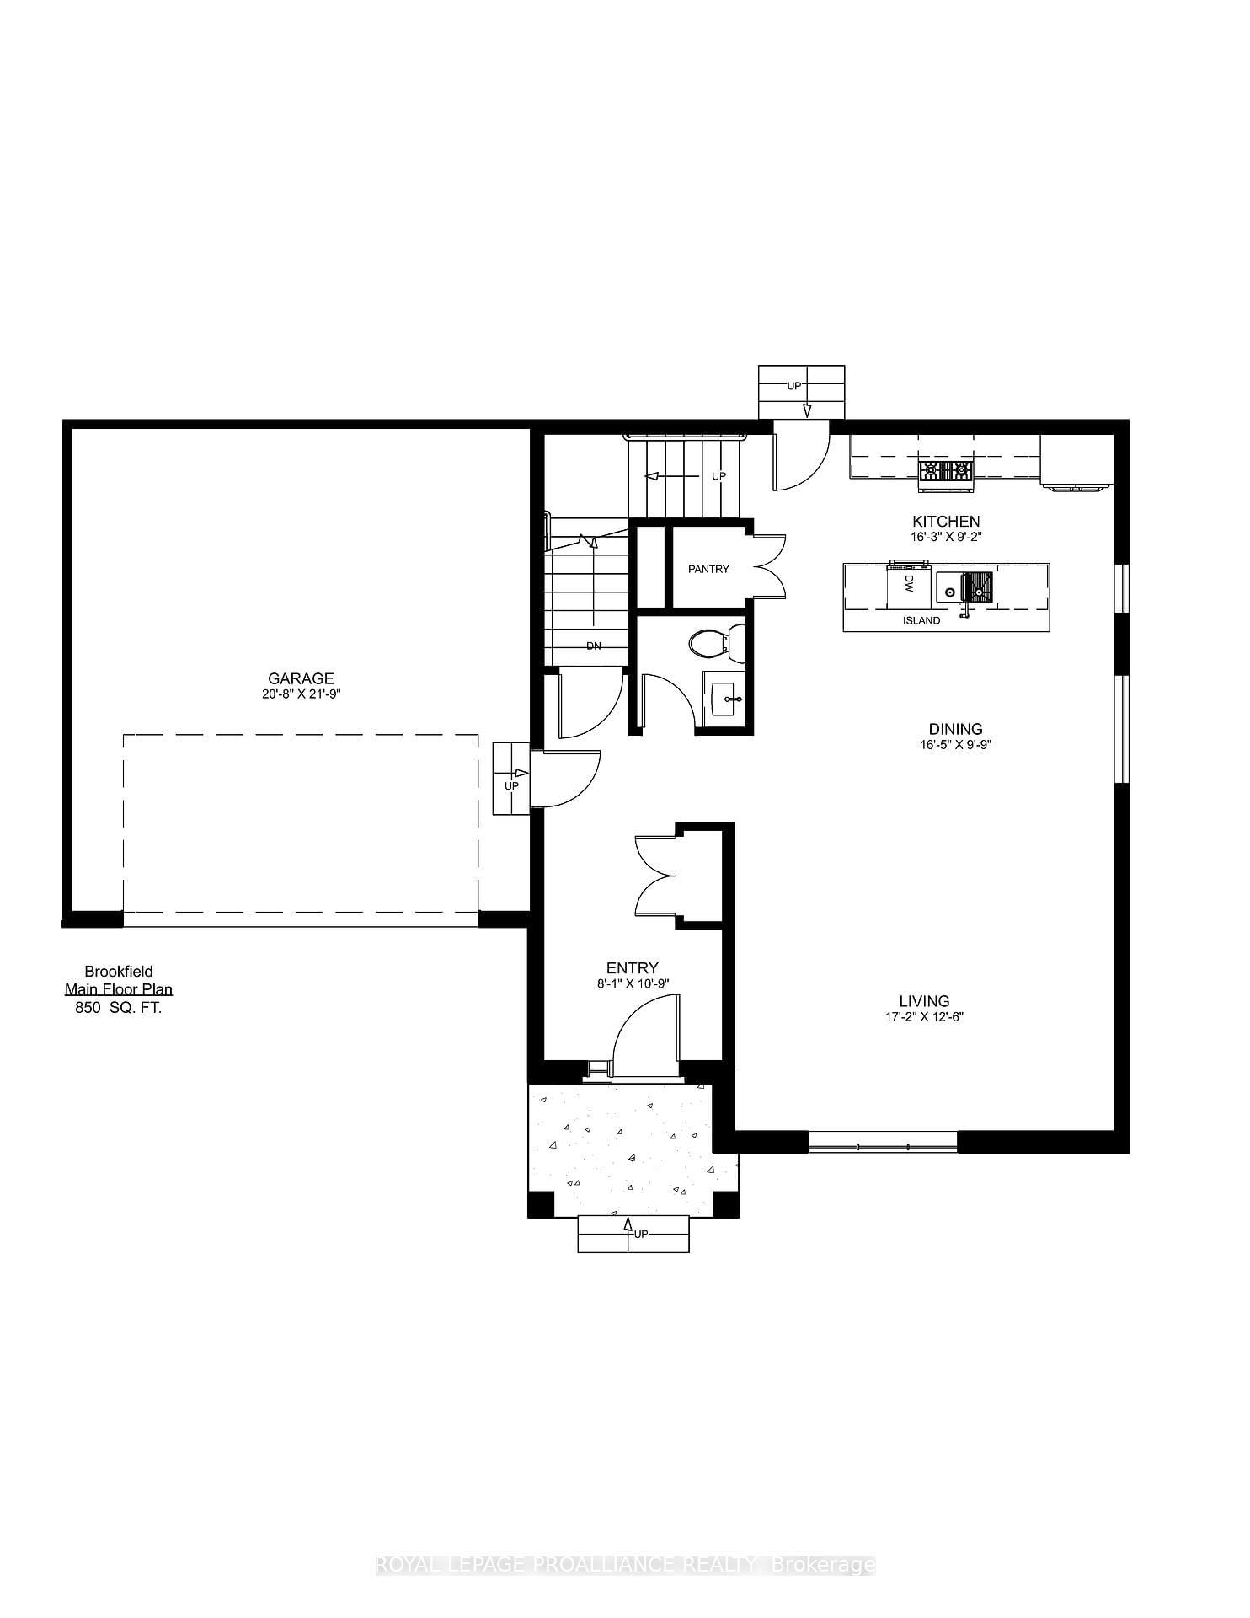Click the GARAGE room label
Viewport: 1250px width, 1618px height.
click(x=301, y=678)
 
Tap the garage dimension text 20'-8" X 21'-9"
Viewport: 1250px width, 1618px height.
click(x=301, y=694)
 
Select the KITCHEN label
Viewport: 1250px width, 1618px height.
click(x=946, y=522)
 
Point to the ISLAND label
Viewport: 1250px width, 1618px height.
click(x=921, y=621)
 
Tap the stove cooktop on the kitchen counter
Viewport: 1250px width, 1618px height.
click(x=945, y=472)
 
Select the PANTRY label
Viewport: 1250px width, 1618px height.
click(x=708, y=570)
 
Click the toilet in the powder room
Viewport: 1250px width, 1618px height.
click(x=716, y=645)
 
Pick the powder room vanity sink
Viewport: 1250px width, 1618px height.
click(x=724, y=699)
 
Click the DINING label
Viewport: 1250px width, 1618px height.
click(x=955, y=729)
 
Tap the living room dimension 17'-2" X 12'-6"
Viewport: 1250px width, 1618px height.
click(x=924, y=1017)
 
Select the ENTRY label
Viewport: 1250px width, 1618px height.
click(x=632, y=968)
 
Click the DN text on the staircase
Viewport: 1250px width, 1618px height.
click(x=594, y=646)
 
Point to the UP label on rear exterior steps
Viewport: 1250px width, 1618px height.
click(x=793, y=386)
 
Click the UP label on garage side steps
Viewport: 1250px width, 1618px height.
click(x=510, y=786)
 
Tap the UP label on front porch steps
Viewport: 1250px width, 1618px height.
click(x=641, y=1235)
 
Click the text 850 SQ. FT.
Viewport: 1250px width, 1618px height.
click(x=119, y=1008)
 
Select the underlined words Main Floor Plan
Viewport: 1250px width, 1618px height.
click(x=119, y=990)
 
